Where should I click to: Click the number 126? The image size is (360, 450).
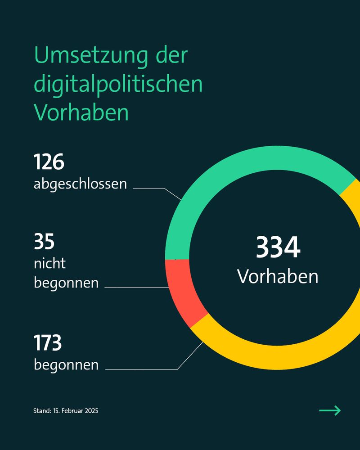[x=49, y=162]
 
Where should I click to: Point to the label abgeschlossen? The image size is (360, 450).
[x=80, y=184]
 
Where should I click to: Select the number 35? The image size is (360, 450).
[x=44, y=242]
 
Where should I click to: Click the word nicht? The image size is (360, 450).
[x=49, y=263]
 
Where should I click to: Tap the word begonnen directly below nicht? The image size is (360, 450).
[x=66, y=283]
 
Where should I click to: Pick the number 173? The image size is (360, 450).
[x=48, y=343]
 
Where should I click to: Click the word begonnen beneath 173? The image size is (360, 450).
[x=66, y=364]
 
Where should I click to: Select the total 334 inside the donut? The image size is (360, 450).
[x=278, y=247]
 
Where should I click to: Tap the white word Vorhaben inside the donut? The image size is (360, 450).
[x=278, y=276]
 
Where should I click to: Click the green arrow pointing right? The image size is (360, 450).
[x=330, y=410]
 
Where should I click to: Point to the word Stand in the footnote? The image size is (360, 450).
[x=41, y=411]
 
